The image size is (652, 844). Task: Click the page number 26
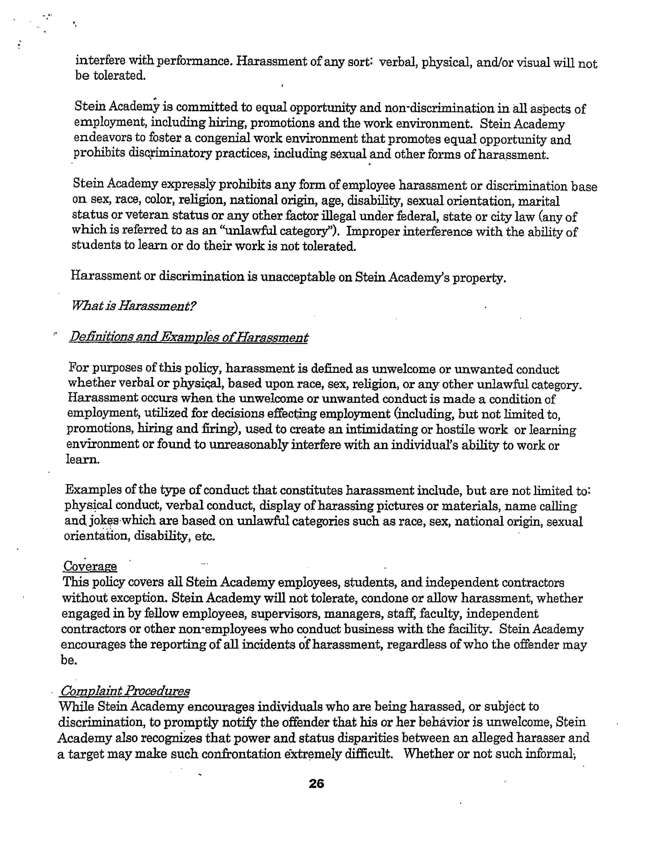pos(316,783)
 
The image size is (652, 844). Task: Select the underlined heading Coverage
pos(90,567)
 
